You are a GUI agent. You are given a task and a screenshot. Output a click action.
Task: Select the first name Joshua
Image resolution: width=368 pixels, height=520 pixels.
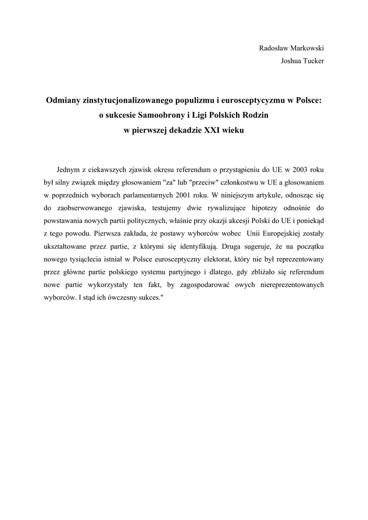point(291,61)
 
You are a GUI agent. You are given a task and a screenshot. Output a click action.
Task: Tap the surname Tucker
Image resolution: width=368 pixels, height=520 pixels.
point(314,61)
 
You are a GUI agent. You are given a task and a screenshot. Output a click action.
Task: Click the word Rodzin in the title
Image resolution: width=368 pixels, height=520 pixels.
point(254,115)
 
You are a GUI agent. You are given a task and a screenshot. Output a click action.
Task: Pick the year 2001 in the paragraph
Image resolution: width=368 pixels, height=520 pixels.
point(176,195)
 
